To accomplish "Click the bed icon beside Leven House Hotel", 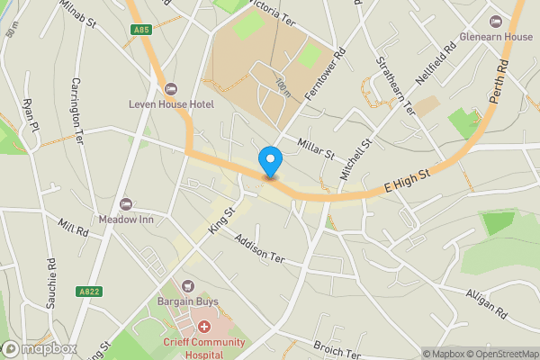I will tap(171, 87).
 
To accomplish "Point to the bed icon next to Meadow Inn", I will tap(125, 203).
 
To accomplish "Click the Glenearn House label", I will tap(495, 36).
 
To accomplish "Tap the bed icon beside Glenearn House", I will tap(495, 21).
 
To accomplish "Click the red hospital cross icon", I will tap(204, 326).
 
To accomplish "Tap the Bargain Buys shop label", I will tap(188, 302).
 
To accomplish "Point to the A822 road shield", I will tap(88, 292).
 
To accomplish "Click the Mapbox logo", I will tap(40, 348).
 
